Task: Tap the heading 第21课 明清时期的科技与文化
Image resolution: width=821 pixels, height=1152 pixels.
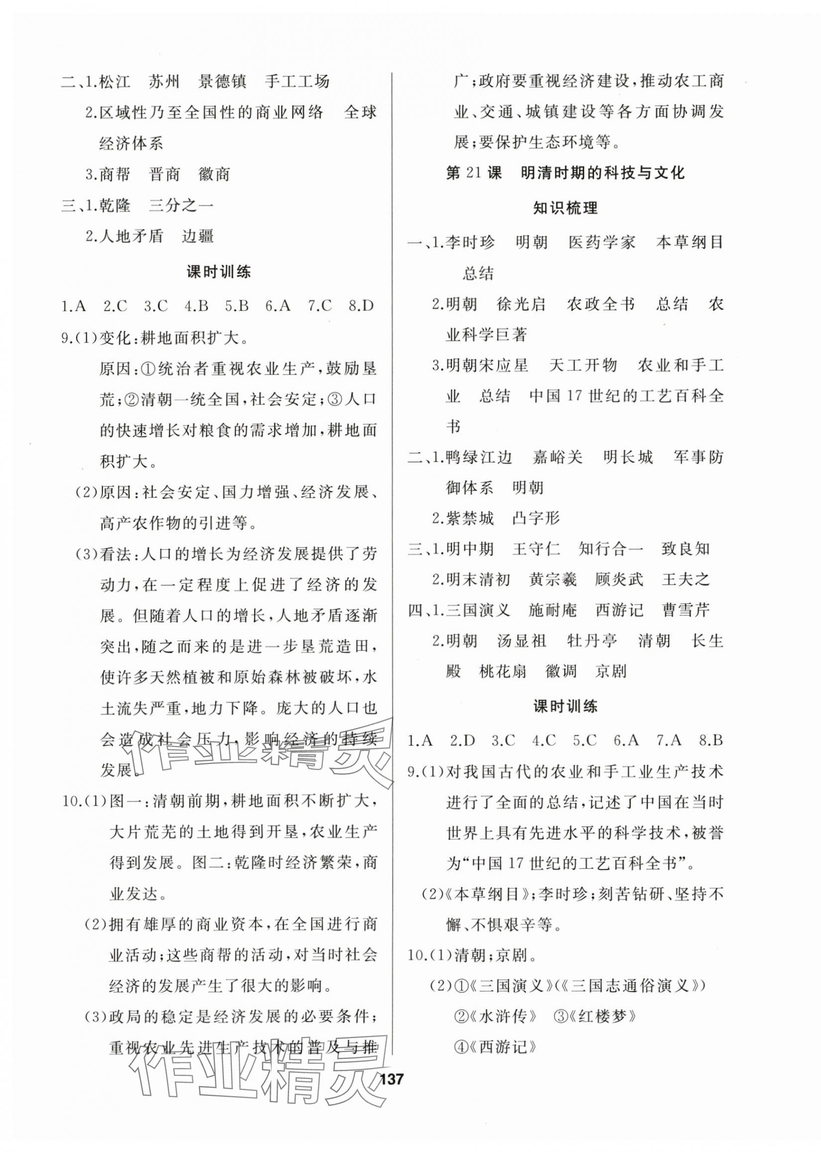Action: [566, 173]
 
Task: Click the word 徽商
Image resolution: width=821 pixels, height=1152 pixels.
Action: [214, 174]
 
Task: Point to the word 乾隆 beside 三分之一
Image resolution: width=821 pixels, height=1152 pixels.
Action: [115, 205]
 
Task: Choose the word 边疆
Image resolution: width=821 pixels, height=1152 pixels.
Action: [198, 236]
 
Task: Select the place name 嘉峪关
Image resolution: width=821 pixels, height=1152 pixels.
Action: [558, 457]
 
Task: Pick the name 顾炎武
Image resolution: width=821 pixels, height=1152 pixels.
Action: [619, 579]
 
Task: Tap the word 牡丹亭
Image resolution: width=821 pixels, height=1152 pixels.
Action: [592, 641]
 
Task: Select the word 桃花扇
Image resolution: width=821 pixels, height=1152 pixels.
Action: [503, 671]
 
